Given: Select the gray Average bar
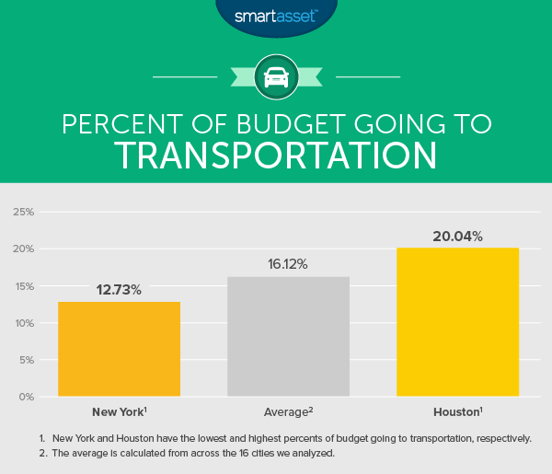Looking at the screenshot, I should pyautogui.click(x=288, y=337).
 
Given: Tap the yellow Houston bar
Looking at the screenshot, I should pyautogui.click(x=457, y=322).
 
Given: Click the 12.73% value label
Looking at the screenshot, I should pyautogui.click(x=119, y=290).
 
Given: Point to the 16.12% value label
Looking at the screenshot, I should pyautogui.click(x=288, y=264).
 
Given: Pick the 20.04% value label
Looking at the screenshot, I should pyautogui.click(x=457, y=236).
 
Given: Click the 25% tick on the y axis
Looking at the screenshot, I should pyautogui.click(x=23, y=212).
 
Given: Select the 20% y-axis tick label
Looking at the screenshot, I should pyautogui.click(x=23, y=249).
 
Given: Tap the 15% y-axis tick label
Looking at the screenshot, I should pyautogui.click(x=23, y=286).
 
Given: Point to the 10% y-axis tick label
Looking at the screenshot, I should pyautogui.click(x=23, y=323).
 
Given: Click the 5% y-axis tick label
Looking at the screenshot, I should pyautogui.click(x=26, y=360).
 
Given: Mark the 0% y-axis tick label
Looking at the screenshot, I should pyautogui.click(x=26, y=398).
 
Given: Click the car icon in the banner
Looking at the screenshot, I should pyautogui.click(x=276, y=77).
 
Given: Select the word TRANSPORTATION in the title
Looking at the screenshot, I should pyautogui.click(x=276, y=156).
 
